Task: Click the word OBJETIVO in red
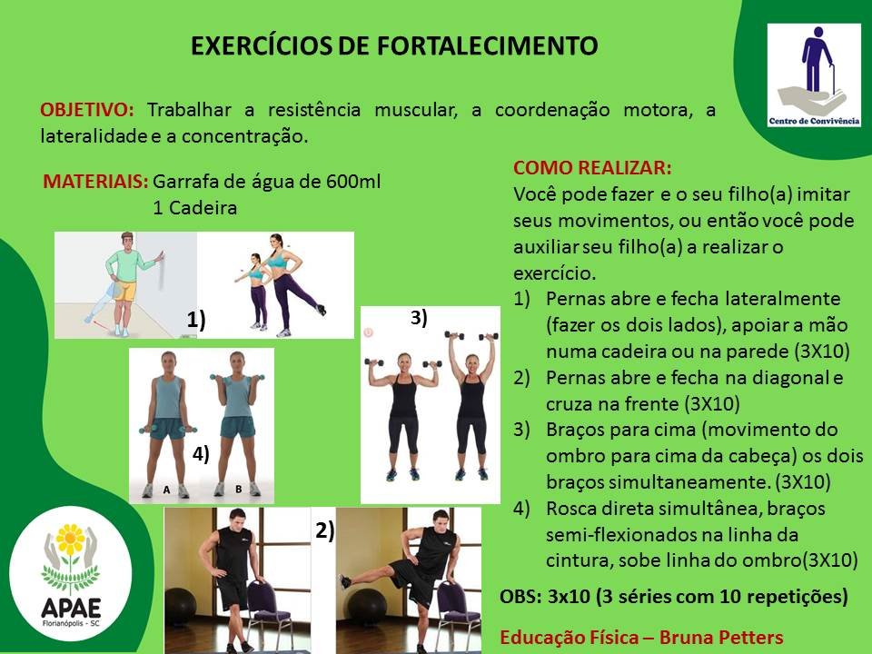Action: click(87, 109)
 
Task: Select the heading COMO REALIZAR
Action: click(591, 167)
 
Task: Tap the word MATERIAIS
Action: click(95, 182)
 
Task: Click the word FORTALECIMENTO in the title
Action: click(487, 45)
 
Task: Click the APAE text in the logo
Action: click(71, 608)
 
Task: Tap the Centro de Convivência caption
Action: click(814, 121)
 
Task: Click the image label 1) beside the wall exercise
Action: click(196, 320)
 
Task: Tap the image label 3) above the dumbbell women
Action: click(419, 318)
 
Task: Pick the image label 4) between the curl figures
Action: click(200, 454)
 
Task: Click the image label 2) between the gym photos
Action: click(325, 530)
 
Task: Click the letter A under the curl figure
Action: click(166, 490)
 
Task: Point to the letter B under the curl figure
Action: click(238, 490)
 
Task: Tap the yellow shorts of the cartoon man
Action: click(125, 291)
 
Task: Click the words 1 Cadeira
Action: click(194, 208)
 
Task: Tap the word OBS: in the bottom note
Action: click(520, 596)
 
